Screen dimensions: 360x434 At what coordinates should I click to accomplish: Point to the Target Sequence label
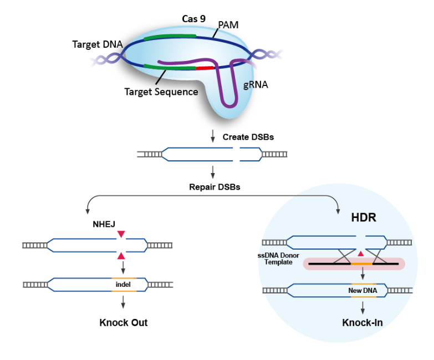161,92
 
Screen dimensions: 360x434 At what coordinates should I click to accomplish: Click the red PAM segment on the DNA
205,68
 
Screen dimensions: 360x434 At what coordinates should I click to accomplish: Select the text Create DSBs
248,136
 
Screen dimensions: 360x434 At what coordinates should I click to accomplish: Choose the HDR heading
364,217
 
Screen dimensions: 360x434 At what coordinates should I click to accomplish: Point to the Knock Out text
124,322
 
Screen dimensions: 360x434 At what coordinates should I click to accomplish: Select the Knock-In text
362,322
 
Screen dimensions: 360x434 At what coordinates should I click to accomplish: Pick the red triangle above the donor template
361,253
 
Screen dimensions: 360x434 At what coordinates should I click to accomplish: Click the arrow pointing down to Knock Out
123,302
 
